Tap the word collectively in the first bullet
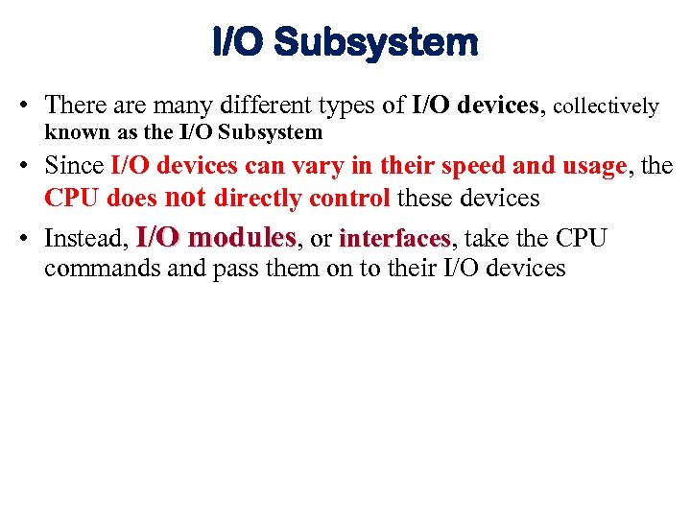point(607,106)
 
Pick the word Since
point(75,166)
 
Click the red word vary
point(319,166)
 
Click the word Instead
point(85,238)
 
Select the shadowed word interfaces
point(393,238)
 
